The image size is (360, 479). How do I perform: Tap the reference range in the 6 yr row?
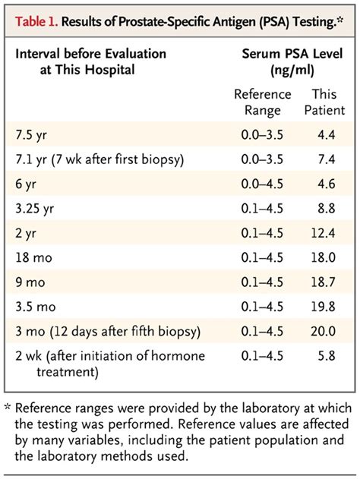pyautogui.click(x=261, y=184)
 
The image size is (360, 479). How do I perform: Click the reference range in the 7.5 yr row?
pyautogui.click(x=261, y=135)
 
